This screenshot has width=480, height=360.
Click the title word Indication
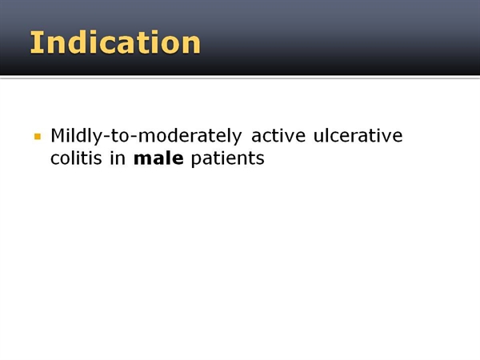(x=115, y=42)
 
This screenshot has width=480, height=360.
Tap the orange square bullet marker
(x=38, y=136)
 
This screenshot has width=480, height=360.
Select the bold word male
(x=158, y=158)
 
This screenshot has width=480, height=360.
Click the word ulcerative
(x=358, y=135)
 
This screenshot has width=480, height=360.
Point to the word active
(x=278, y=135)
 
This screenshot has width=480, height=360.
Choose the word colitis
(x=76, y=158)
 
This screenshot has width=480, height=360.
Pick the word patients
(x=227, y=159)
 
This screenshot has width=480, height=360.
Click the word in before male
(x=118, y=158)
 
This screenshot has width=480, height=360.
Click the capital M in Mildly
(x=58, y=136)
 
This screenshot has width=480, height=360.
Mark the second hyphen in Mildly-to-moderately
(x=133, y=137)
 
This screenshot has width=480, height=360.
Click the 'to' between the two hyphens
(x=120, y=136)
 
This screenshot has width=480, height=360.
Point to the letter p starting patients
(x=196, y=160)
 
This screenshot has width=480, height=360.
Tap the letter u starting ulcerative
(x=318, y=137)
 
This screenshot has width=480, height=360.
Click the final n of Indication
(x=193, y=46)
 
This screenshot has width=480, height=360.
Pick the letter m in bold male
(x=142, y=160)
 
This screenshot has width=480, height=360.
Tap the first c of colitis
(x=54, y=160)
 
